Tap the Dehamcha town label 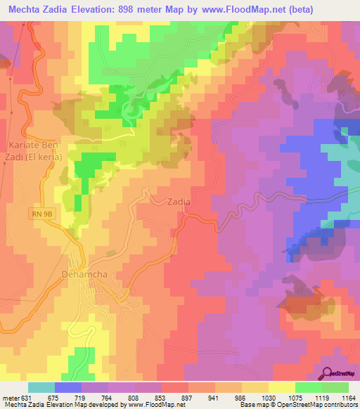(x=85, y=275)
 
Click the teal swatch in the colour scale (x=41, y=387)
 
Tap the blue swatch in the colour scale (x=68, y=387)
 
